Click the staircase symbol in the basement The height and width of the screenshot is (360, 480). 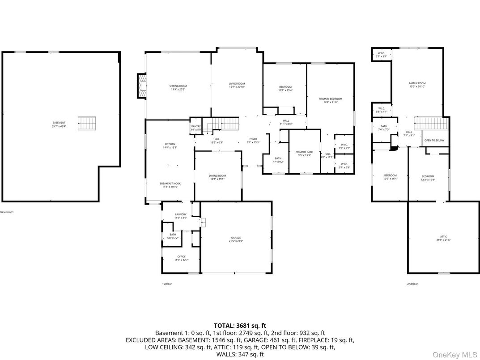[x=87, y=123]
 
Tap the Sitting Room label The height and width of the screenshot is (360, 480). [x=178, y=86]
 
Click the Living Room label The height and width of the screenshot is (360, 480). [x=237, y=84]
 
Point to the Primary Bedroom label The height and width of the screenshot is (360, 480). [x=330, y=99]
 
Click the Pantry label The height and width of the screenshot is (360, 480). [x=195, y=127]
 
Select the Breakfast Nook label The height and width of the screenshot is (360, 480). [x=170, y=184]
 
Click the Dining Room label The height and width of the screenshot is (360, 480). [x=217, y=176]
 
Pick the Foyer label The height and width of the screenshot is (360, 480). [x=253, y=139]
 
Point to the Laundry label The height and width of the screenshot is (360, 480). [x=181, y=214]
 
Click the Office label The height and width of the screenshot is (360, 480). [x=181, y=257]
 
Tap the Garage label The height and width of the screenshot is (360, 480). [x=236, y=238]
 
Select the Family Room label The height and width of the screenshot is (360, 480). [x=417, y=83]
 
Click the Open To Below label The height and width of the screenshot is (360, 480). [x=434, y=141]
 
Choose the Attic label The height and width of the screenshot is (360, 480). [x=443, y=236]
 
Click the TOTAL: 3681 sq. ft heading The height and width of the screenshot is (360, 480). [x=240, y=326]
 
